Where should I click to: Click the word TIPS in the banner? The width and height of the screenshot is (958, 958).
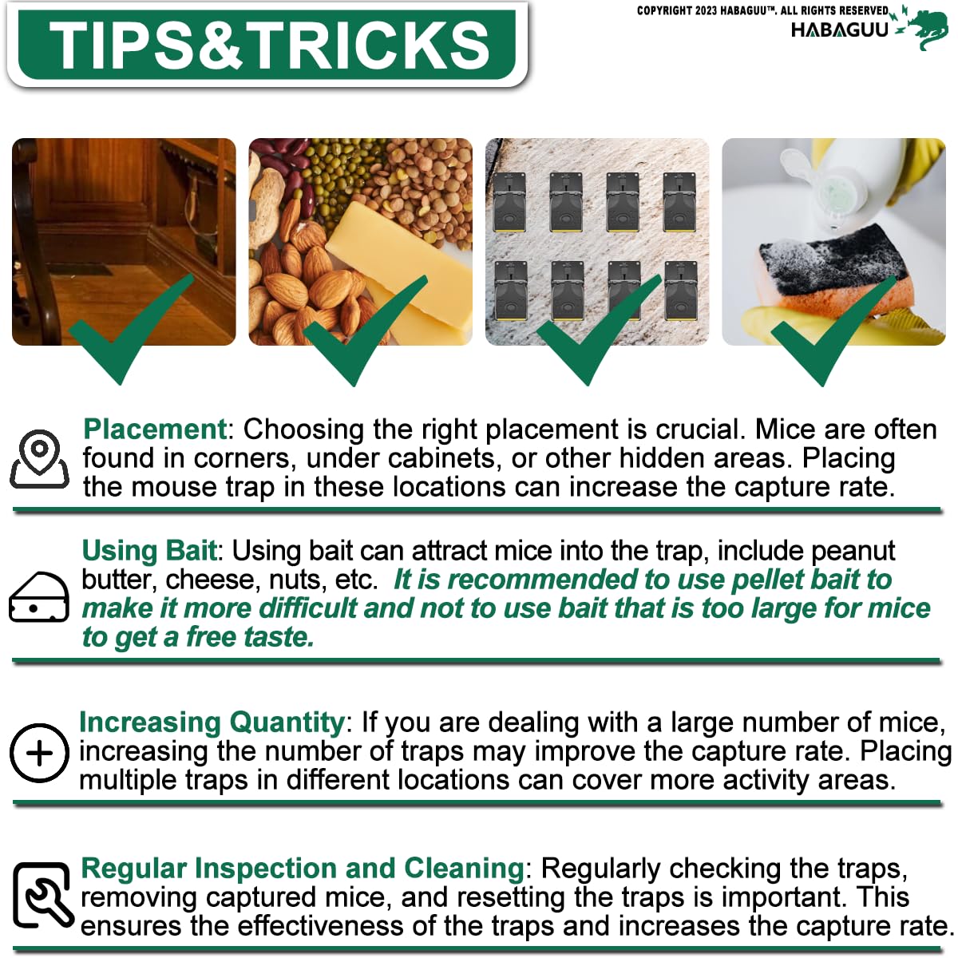pos(130,46)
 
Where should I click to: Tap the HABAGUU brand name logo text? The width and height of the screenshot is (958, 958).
pos(839,30)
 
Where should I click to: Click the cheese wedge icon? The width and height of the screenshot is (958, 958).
pos(39,596)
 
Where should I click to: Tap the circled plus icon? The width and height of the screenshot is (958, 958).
pos(39,753)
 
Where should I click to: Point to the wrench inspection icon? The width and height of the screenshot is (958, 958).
pos(43,897)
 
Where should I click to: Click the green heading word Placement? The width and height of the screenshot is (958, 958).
pos(155,429)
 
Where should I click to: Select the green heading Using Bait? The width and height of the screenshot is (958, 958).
pos(149,551)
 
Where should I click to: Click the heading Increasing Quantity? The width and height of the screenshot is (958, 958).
pos(212,722)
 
